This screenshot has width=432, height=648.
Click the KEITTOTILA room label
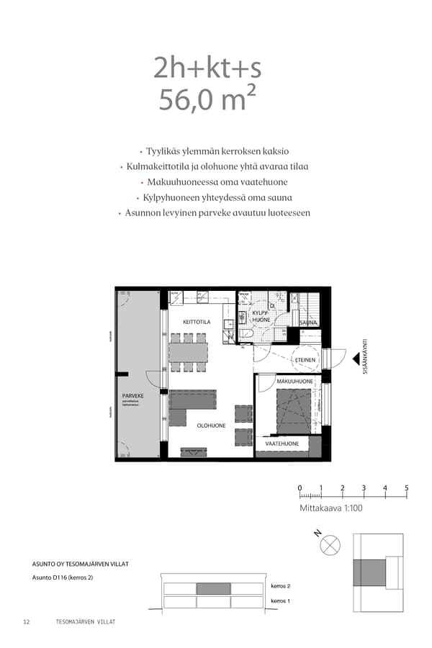click(x=197, y=322)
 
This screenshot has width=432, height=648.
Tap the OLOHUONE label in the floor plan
click(x=212, y=426)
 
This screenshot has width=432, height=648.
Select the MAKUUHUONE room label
click(x=294, y=381)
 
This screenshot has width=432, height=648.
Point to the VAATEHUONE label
click(x=282, y=444)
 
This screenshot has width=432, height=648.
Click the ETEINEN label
click(x=305, y=359)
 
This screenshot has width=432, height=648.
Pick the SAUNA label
click(x=309, y=323)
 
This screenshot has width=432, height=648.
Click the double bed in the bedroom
click(x=294, y=410)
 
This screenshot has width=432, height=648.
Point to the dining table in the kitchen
click(x=189, y=351)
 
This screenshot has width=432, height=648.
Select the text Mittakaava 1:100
click(x=331, y=508)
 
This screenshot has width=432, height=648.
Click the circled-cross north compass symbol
click(x=330, y=546)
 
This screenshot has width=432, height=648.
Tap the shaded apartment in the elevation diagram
click(x=213, y=588)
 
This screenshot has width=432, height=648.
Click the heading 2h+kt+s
click(x=207, y=68)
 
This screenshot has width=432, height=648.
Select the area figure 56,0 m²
click(x=207, y=99)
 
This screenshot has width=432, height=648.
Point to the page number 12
click(x=27, y=621)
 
